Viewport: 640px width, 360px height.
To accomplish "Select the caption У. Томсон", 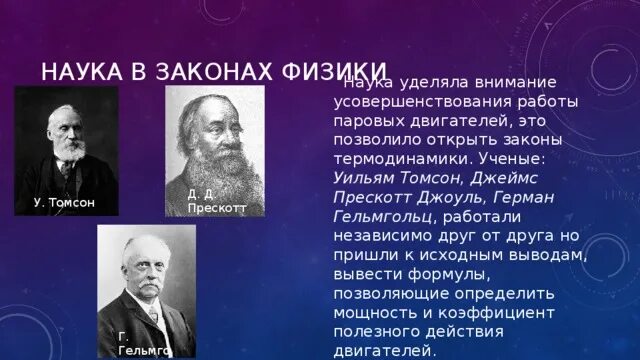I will click(64, 203).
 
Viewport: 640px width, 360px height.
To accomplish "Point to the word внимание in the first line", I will click(508, 82).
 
